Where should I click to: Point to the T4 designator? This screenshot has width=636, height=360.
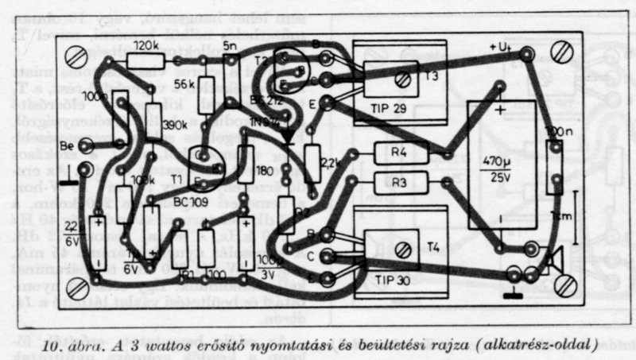432,246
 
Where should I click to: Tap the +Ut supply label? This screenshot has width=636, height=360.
503,47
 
